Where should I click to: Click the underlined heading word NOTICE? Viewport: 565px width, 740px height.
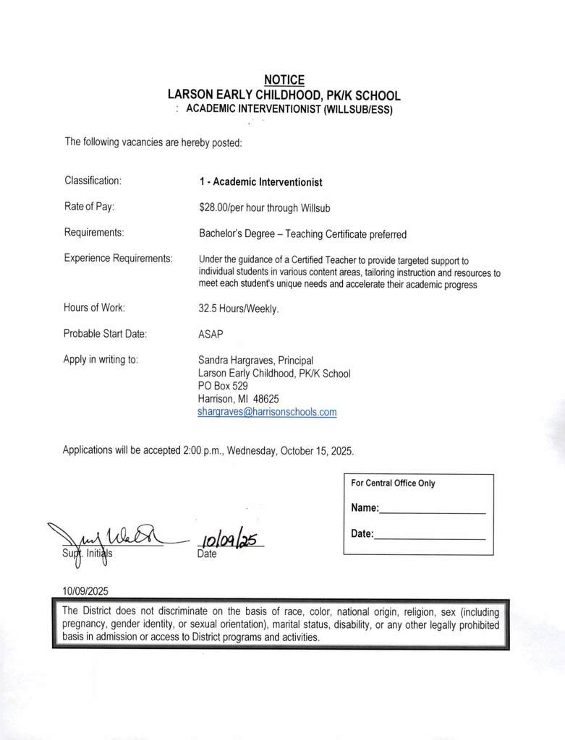pyautogui.click(x=284, y=80)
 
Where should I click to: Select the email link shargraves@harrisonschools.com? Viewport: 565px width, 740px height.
pyautogui.click(x=268, y=413)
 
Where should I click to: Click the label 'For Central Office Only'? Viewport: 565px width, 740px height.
pyautogui.click(x=393, y=483)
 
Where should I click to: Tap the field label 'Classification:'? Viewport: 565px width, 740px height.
pyautogui.click(x=93, y=181)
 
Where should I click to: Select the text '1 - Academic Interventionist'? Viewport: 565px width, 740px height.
pyautogui.click(x=260, y=182)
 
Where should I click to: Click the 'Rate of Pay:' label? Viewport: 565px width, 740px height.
pyautogui.click(x=89, y=207)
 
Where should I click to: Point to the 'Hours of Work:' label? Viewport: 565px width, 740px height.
pyautogui.click(x=94, y=307)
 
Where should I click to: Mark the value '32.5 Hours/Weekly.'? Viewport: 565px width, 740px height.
pyautogui.click(x=239, y=308)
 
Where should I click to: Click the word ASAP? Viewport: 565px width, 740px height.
pyautogui.click(x=211, y=334)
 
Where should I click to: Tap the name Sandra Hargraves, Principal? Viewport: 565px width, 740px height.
pyautogui.click(x=255, y=361)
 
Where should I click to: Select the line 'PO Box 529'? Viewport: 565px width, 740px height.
pyautogui.click(x=223, y=386)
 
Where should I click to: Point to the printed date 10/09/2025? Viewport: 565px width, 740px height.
pyautogui.click(x=85, y=590)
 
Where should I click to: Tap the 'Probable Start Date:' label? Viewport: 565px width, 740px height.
pyautogui.click(x=105, y=334)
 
